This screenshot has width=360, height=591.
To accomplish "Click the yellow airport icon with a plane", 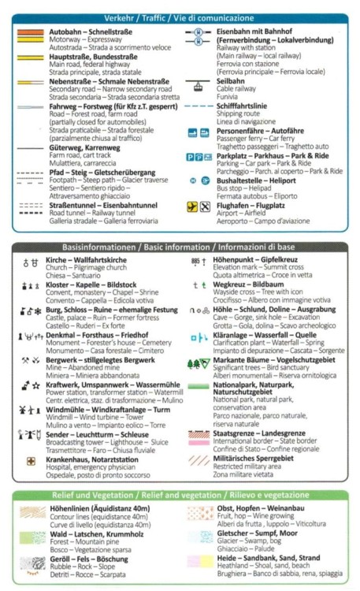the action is coord(192,207).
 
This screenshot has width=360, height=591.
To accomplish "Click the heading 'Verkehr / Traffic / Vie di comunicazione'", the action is coord(180,17).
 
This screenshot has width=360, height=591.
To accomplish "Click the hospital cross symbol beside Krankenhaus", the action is coord(31,461).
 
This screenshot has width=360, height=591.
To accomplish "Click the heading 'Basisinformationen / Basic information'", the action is coord(180,247).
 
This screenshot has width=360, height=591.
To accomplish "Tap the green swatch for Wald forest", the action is coord(32,537).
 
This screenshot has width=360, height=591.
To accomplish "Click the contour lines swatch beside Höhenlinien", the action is coord(32,513).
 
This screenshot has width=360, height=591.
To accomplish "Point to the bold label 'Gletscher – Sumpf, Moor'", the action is coord(259,533).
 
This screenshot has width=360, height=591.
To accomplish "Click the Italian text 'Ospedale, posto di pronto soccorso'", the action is coord(96,475).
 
